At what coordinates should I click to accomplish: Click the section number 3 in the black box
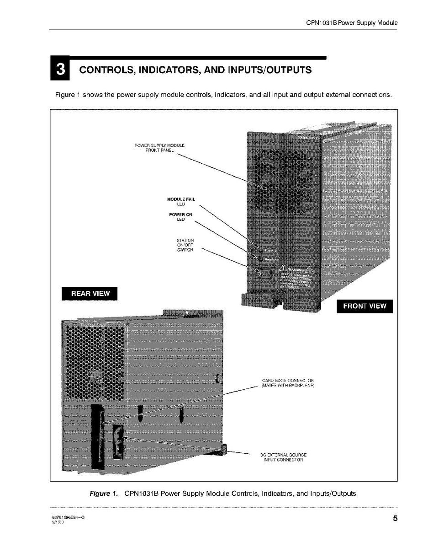tap(60, 70)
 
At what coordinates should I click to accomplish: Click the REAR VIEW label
tap(90, 293)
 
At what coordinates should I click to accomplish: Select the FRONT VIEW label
tap(364, 306)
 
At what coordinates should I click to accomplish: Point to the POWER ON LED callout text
tap(180, 217)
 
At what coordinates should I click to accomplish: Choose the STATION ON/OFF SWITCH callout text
tap(185, 246)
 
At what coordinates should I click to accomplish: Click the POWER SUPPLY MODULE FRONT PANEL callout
tap(159, 148)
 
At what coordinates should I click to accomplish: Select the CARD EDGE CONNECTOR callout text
tap(288, 383)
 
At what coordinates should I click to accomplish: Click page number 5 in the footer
tap(394, 518)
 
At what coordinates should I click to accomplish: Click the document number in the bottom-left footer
tap(68, 516)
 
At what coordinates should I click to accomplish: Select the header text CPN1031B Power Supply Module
tap(352, 22)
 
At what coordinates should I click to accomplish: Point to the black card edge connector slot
tap(97, 437)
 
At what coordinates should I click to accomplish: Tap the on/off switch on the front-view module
tap(263, 273)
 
